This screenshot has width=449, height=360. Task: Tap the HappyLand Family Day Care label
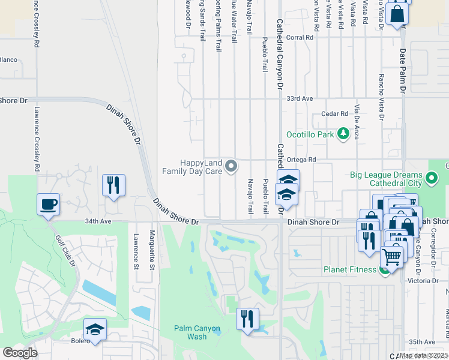[192, 167]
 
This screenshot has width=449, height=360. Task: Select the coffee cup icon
[48, 205]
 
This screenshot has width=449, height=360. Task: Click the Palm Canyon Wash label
[197, 332]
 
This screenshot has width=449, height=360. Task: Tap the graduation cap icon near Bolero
[95, 330]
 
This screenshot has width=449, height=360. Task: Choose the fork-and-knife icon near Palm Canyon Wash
[247, 319]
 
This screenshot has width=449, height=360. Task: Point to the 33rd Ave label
[301, 98]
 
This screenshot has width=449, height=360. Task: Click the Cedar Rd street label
[335, 113]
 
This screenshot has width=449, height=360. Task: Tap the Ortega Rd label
[304, 160]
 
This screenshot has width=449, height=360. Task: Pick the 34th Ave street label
[99, 221]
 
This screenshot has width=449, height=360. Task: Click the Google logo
[20, 353]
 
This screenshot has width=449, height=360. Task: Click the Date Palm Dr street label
[403, 70]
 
